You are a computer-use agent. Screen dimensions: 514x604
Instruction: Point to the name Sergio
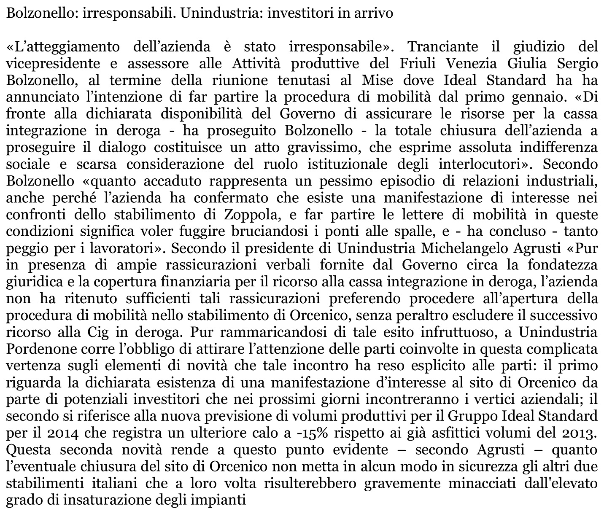pyautogui.click(x=577, y=63)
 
